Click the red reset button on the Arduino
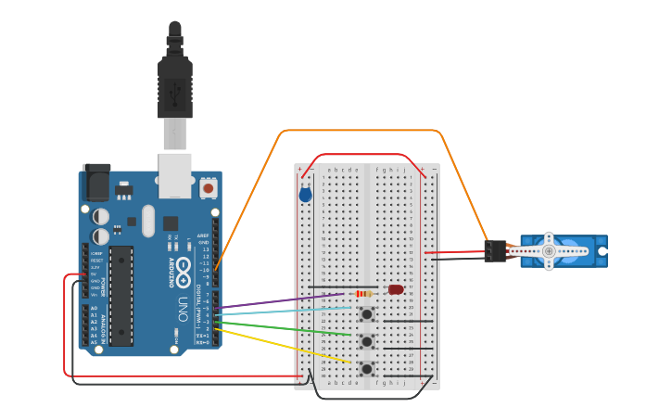[x=208, y=188]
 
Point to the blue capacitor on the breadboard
[x=305, y=195]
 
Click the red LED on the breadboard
[x=396, y=290]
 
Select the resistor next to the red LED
[x=364, y=294]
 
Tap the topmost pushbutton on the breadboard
[x=367, y=314]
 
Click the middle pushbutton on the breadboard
[x=367, y=341]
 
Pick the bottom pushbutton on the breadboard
[x=367, y=368]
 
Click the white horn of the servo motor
[x=549, y=251]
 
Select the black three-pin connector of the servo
[x=495, y=251]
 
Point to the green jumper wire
[x=287, y=326]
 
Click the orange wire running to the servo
[x=361, y=131]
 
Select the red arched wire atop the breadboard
[x=361, y=155]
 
